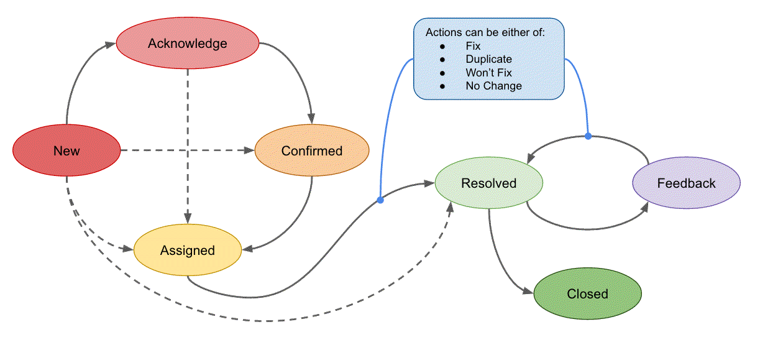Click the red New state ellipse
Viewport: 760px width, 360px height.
[66, 150]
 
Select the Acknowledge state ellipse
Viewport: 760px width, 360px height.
[187, 44]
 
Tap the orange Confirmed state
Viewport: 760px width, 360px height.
[311, 150]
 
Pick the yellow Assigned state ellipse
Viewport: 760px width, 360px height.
[187, 250]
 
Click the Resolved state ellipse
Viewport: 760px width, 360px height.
[488, 183]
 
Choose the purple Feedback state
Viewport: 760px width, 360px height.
[686, 183]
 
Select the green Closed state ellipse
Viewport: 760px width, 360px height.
[587, 293]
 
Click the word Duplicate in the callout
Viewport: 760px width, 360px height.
[488, 59]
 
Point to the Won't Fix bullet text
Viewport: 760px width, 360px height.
[488, 73]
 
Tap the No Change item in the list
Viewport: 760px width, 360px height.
[493, 86]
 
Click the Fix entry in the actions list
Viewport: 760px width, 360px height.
[473, 46]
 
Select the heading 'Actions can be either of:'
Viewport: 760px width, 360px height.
[485, 32]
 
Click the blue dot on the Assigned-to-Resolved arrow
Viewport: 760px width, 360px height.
[380, 200]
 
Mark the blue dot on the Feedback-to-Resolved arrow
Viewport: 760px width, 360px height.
[587, 136]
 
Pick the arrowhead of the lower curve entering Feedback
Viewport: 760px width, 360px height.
[645, 205]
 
